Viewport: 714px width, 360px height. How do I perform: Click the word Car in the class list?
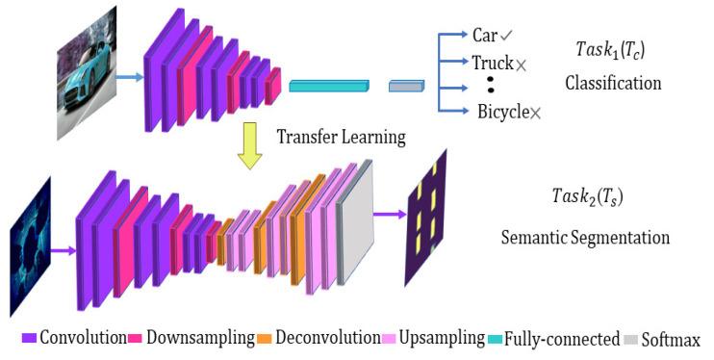pos(484,36)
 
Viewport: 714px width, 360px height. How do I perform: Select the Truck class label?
pos(491,62)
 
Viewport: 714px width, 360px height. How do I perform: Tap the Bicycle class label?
pos(502,112)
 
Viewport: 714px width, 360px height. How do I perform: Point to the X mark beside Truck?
pos(522,64)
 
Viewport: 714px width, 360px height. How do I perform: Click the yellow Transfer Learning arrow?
pos(250,145)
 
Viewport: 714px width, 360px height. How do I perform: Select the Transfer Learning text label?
pos(342,137)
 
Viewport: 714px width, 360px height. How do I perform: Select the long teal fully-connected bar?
pos(328,87)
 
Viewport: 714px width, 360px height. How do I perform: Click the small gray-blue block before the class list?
pos(405,88)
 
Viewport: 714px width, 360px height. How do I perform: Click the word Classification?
pos(612,83)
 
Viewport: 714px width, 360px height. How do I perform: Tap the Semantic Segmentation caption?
pos(585,236)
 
